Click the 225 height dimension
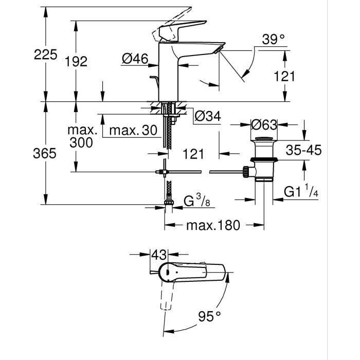pyautogui.click(x=45, y=55)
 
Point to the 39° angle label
pyautogui.click(x=272, y=40)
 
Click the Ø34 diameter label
pyautogui.click(x=207, y=117)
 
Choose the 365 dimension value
pyautogui.click(x=45, y=153)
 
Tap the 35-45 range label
pyautogui.click(x=303, y=150)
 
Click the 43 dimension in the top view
pyautogui.click(x=160, y=254)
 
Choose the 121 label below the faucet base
pyautogui.click(x=193, y=153)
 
